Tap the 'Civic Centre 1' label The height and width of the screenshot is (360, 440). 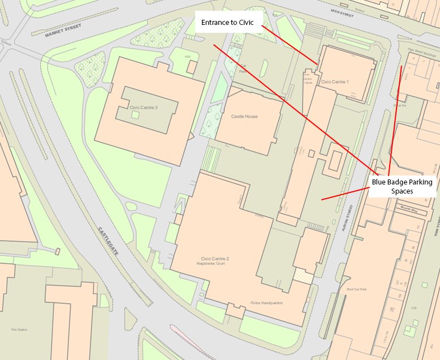pos(335,82)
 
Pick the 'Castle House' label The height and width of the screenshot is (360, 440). pos(244,117)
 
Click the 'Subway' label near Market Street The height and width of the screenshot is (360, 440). pos(6,48)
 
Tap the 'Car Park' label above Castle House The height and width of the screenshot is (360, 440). pos(243,72)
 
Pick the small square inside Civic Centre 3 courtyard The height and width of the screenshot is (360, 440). pos(135,114)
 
